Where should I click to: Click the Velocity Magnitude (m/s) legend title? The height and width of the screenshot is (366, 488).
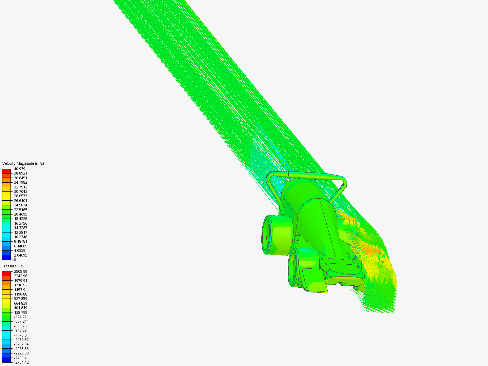23,163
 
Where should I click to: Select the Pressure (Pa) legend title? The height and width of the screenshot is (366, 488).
13,266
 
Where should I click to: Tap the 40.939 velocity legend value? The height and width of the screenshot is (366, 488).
20,169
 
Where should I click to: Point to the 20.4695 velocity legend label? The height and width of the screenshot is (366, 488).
21,214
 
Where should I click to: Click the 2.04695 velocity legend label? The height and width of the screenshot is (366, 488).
21,255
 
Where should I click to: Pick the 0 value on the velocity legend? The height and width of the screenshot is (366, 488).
15,260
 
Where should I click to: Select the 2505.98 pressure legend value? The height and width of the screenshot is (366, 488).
21,271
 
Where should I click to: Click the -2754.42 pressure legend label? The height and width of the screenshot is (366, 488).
21,362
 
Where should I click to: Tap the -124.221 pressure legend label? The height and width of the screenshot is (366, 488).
21,317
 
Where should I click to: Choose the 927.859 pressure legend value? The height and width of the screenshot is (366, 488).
21,299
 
